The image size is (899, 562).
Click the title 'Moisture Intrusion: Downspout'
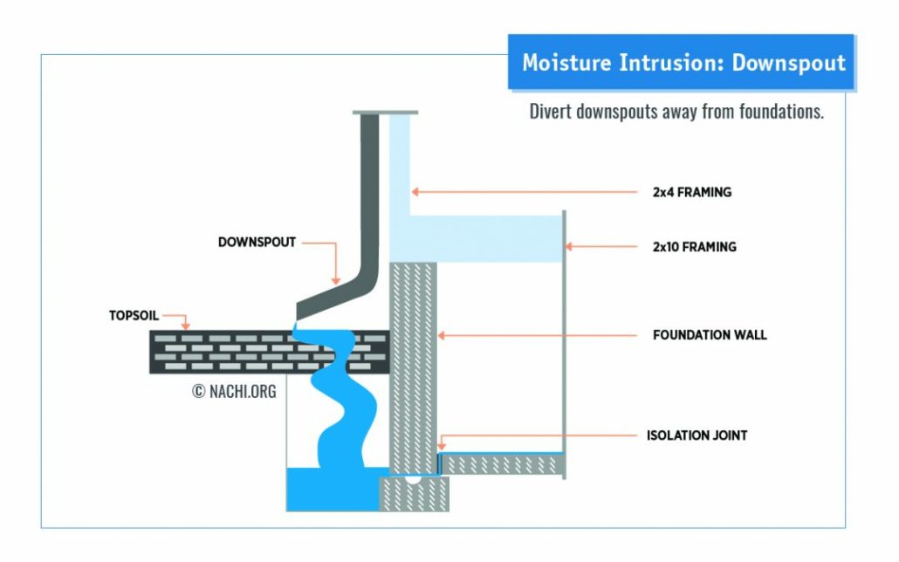point(683,63)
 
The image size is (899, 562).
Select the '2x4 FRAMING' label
point(692,192)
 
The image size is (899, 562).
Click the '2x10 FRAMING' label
point(694,247)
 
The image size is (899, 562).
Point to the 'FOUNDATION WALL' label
point(710,335)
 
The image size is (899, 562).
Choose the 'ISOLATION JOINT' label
point(697,435)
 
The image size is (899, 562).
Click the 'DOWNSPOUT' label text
point(257,242)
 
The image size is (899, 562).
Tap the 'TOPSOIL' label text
point(134,315)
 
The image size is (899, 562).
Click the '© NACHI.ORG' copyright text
point(234,391)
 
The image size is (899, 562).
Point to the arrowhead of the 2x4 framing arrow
point(415,191)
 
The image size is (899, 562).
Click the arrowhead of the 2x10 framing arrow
point(568,247)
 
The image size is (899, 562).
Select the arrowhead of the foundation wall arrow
point(441,335)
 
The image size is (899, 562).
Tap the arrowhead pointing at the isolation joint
point(441,446)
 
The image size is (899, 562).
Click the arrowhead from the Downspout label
point(336,280)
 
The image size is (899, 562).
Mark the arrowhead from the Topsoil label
point(185,326)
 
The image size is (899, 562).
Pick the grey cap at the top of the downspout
point(385,113)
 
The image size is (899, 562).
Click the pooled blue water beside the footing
point(333,489)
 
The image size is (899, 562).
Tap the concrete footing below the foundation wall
point(414,494)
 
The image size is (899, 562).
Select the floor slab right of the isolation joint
point(502,464)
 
